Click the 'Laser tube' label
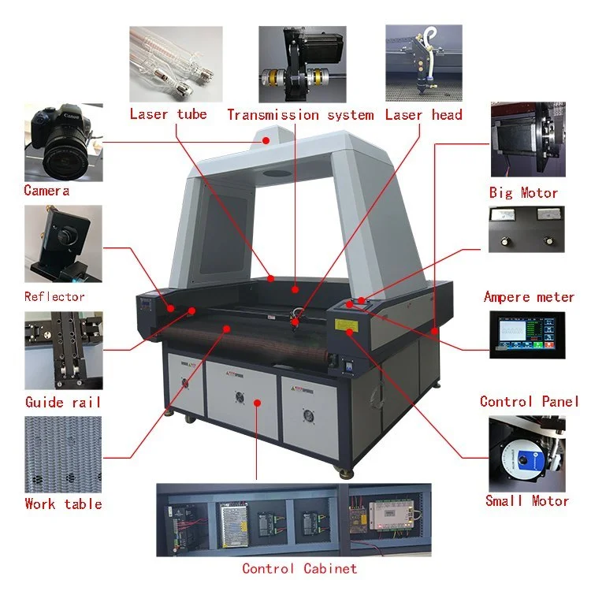168,114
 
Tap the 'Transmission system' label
300,115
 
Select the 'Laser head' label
423,114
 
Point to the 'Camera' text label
46,190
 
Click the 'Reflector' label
54,296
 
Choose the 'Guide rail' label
63,402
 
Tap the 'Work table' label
63,504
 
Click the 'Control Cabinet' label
299,568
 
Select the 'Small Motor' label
527,500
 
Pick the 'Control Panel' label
530,401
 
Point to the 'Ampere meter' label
529,297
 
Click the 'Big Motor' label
523,192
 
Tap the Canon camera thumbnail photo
63,142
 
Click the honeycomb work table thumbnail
63,453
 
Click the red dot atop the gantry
266,140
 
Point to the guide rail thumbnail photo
63,350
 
